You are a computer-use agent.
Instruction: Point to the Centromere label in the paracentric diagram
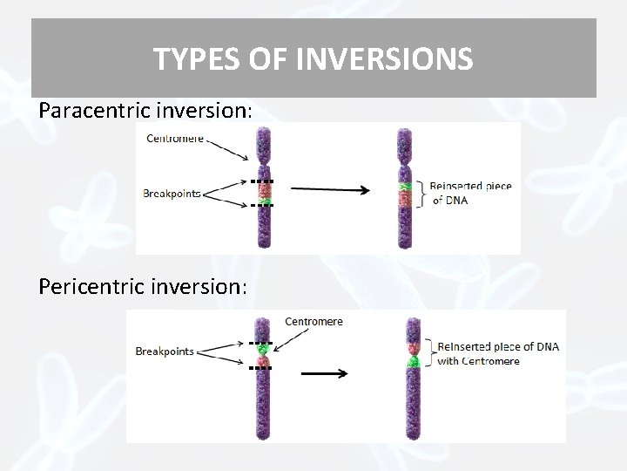click(x=175, y=138)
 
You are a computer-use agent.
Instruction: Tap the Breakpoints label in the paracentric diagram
click(x=172, y=194)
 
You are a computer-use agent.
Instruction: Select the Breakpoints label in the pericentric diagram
click(x=165, y=352)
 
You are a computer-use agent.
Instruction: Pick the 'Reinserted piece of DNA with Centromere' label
click(x=497, y=353)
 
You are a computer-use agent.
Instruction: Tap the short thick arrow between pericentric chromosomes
click(x=324, y=374)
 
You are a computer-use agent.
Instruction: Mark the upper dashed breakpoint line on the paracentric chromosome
click(x=261, y=181)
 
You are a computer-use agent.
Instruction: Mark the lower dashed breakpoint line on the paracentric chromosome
click(x=261, y=206)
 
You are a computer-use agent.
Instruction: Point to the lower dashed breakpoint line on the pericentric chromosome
click(x=261, y=368)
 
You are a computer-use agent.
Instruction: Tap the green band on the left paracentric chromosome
click(x=263, y=187)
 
